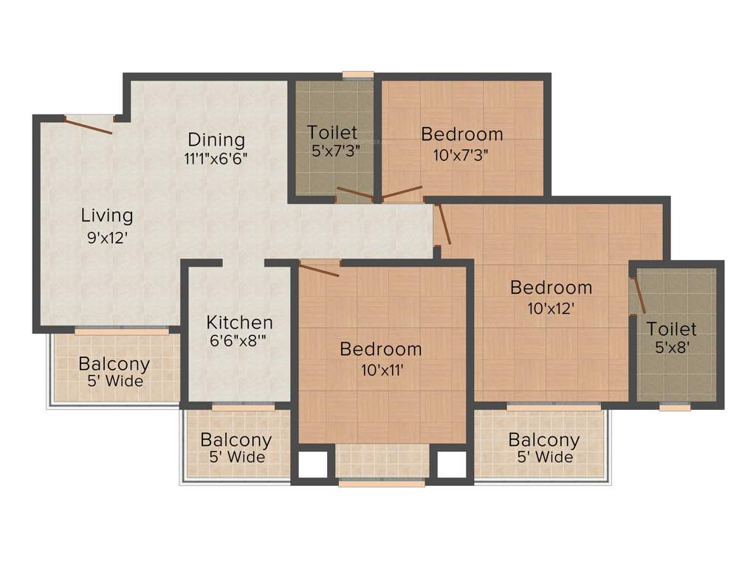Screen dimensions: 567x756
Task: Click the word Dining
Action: pyautogui.click(x=216, y=140)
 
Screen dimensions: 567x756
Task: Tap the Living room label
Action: pyautogui.click(x=107, y=216)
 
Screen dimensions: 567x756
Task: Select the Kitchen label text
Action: pyautogui.click(x=239, y=323)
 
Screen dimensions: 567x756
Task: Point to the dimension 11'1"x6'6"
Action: pyautogui.click(x=216, y=158)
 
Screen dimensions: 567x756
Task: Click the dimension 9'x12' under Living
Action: pyautogui.click(x=108, y=238)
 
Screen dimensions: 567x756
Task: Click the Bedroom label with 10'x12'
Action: pyautogui.click(x=551, y=287)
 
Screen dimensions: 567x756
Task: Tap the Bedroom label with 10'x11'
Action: pyautogui.click(x=381, y=348)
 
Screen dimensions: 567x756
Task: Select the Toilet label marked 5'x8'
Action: pyautogui.click(x=672, y=329)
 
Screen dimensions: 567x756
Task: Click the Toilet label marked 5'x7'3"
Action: pyautogui.click(x=332, y=133)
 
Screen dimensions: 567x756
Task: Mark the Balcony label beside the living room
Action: pyautogui.click(x=114, y=364)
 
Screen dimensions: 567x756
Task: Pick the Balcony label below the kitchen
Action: pyautogui.click(x=236, y=440)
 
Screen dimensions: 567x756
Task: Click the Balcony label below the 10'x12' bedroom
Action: pyautogui.click(x=544, y=440)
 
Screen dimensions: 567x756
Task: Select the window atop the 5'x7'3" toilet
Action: pyautogui.click(x=358, y=75)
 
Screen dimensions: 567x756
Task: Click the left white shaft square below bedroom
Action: pyautogui.click(x=312, y=464)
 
